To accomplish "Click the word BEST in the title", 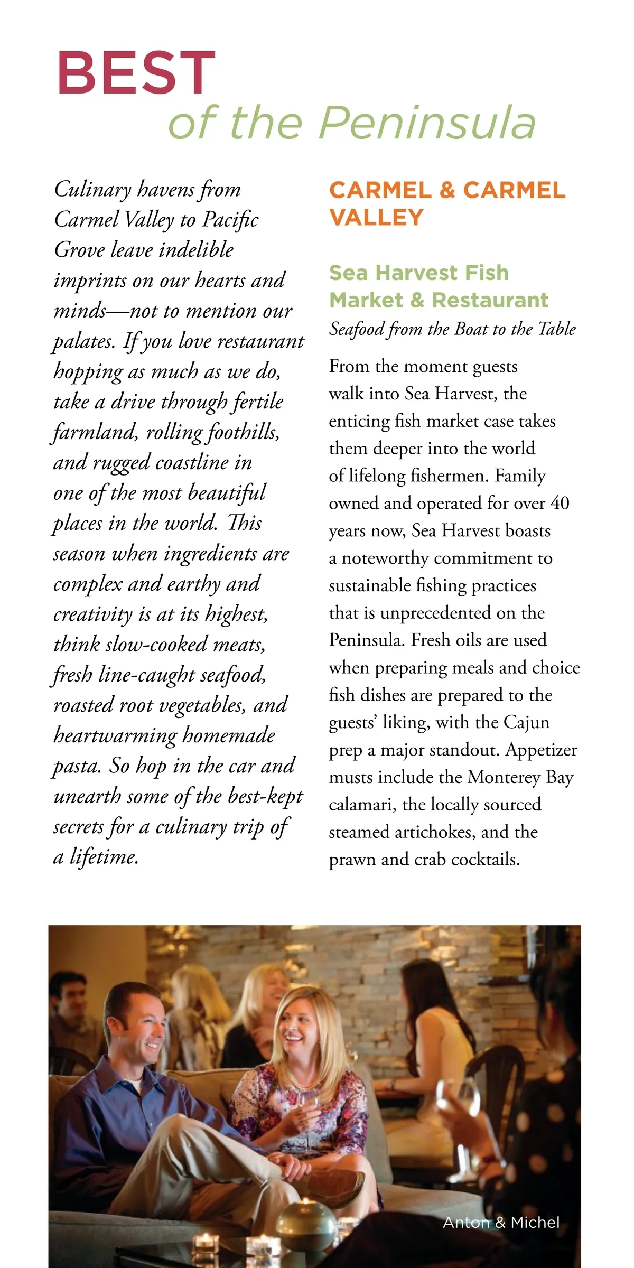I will click(x=136, y=73).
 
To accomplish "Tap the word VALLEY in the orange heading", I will click(x=376, y=218).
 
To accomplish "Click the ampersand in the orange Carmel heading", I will click(x=447, y=190).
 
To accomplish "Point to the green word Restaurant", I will click(x=490, y=300).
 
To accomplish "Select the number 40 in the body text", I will click(x=560, y=503).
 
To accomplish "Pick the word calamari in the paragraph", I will click(x=362, y=805).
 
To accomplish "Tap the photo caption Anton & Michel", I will click(x=501, y=1223).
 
